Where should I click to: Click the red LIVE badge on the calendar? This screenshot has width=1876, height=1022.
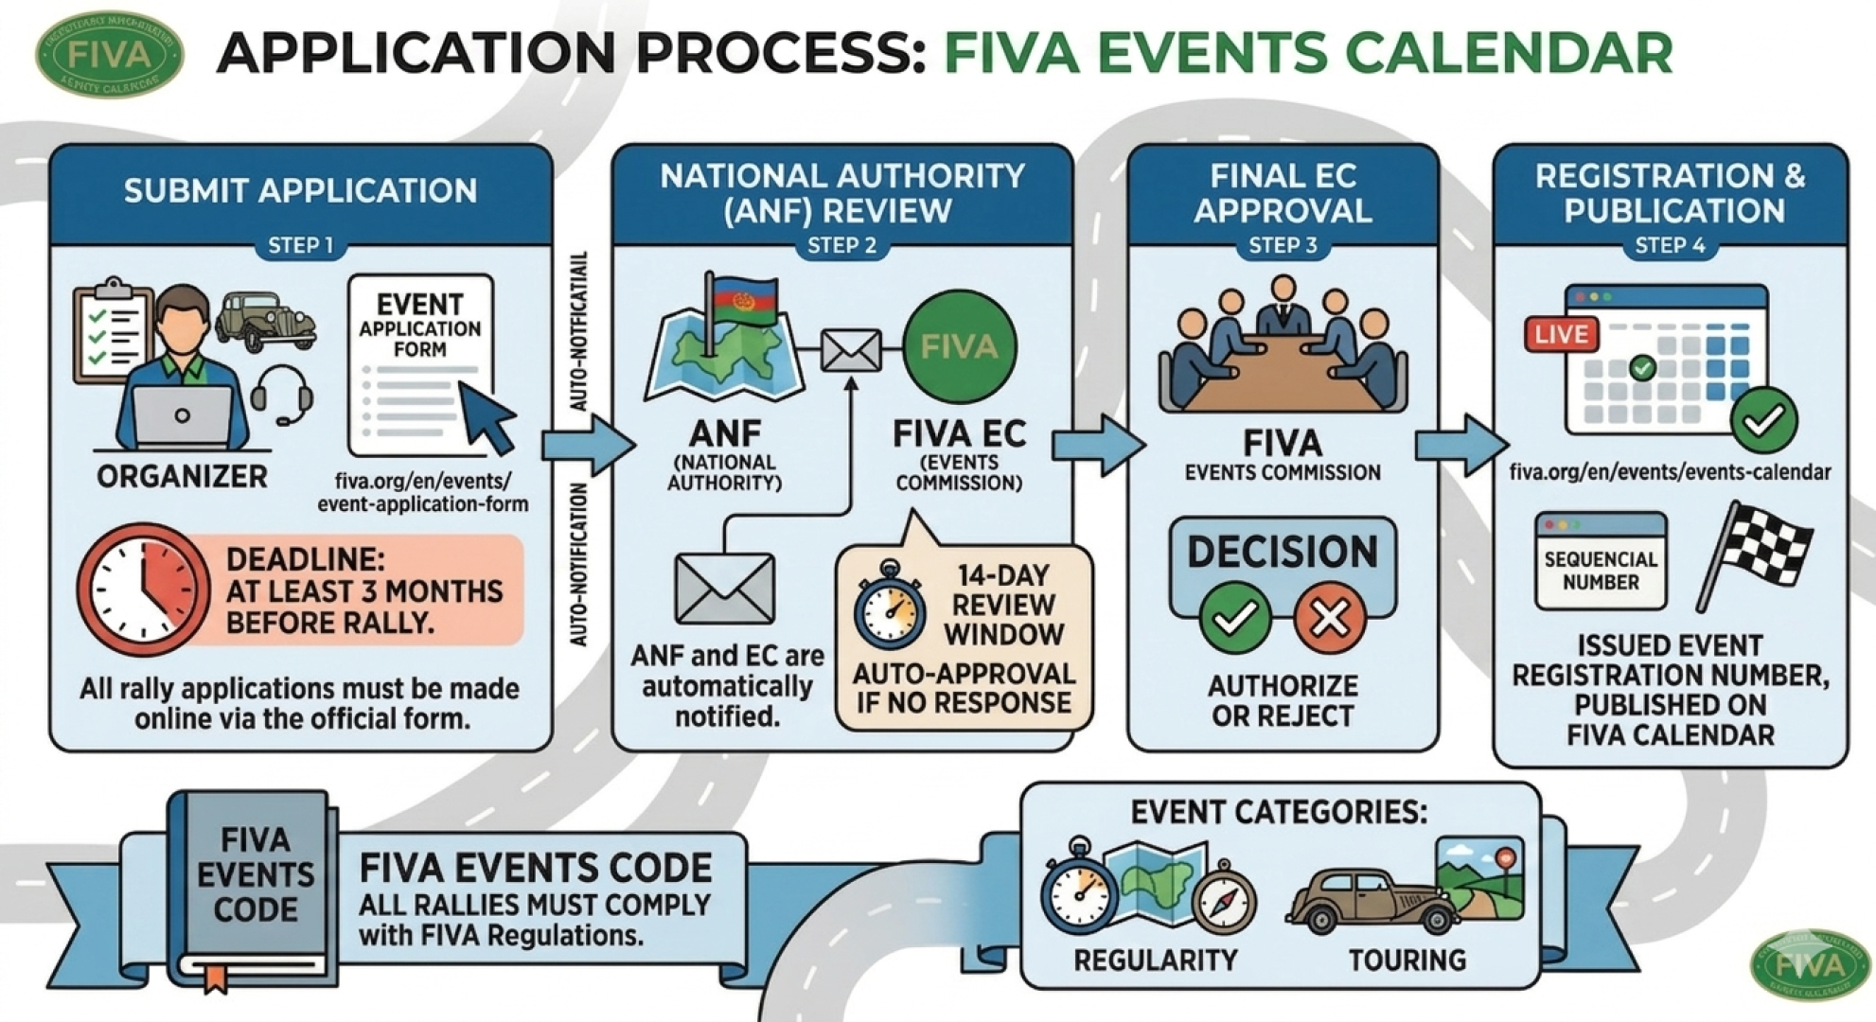pyautogui.click(x=1561, y=334)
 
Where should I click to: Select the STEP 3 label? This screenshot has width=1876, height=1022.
pyautogui.click(x=1283, y=246)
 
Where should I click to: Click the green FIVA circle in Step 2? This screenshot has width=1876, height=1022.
pyautogui.click(x=959, y=346)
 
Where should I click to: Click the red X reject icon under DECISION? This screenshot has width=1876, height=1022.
pyautogui.click(x=1329, y=619)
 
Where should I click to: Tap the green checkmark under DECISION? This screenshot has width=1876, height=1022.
pyautogui.click(x=1234, y=619)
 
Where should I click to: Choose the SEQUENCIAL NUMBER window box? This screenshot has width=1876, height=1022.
pyautogui.click(x=1600, y=562)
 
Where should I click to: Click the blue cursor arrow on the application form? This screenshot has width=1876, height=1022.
pyautogui.click(x=487, y=415)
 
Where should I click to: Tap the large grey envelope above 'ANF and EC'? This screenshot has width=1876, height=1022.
pyautogui.click(x=724, y=589)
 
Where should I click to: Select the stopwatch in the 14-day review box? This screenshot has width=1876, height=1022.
pyautogui.click(x=889, y=607)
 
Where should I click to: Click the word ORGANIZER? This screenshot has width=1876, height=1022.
pyautogui.click(x=182, y=476)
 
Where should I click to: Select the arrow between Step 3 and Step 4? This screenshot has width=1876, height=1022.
pyautogui.click(x=1460, y=444)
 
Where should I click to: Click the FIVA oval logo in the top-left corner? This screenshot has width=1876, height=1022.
pyautogui.click(x=110, y=54)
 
